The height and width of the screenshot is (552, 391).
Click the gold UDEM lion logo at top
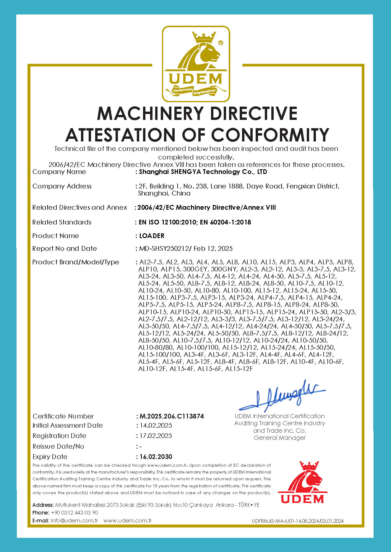point(196,64)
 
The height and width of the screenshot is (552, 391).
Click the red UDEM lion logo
point(302,483)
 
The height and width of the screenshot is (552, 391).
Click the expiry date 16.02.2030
point(156,457)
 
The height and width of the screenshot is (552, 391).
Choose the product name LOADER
point(152,236)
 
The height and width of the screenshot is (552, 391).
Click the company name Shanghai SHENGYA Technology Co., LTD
point(203,172)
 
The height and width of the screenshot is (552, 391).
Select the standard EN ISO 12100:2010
point(168,222)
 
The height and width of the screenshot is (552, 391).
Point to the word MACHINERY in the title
point(150,113)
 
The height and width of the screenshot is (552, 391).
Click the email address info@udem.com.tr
point(74,521)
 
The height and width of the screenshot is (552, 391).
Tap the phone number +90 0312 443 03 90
point(74,513)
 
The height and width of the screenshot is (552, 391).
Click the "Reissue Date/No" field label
point(58,447)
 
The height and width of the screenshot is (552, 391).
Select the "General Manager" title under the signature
point(280,438)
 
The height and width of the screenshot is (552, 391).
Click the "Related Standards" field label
point(62,222)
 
